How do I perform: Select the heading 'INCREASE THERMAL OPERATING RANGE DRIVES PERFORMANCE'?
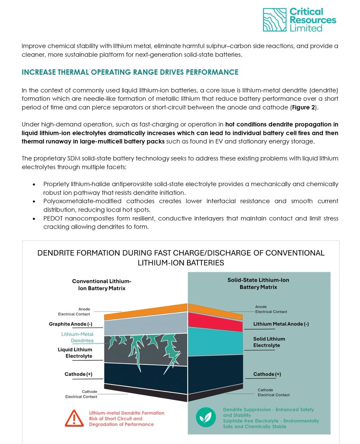(130, 72)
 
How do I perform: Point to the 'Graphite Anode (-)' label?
(71, 324)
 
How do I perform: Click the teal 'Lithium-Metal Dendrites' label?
(77, 337)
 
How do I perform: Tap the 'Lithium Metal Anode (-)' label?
(281, 324)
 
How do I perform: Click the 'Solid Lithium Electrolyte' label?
(269, 342)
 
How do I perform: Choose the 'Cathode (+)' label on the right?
(267, 374)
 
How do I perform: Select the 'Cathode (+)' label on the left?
(78, 374)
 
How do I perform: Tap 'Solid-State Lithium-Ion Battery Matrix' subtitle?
(258, 283)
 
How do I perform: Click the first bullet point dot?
(34, 184)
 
